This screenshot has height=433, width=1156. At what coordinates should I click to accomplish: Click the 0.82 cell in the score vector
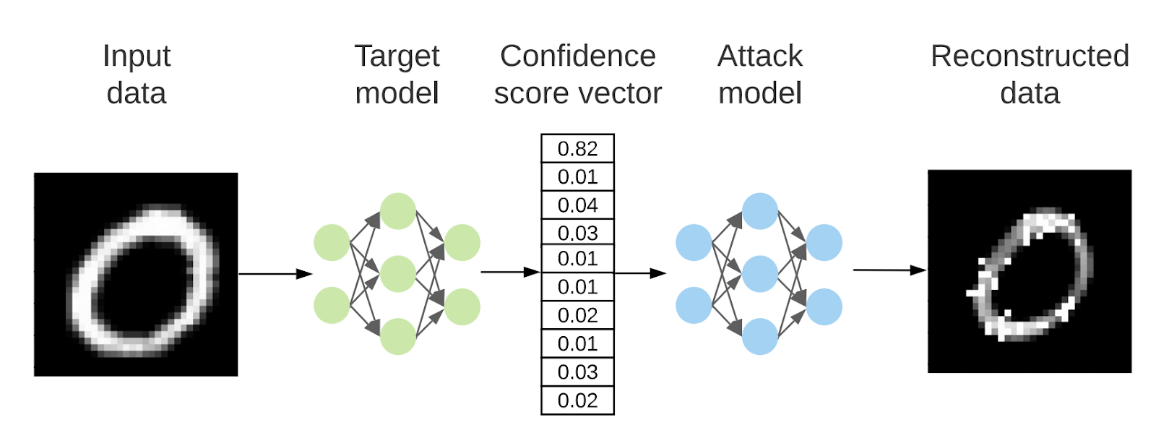(x=577, y=149)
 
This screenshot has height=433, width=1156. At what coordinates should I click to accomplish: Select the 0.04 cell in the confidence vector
(x=577, y=205)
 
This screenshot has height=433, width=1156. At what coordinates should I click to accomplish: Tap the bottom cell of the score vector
(x=577, y=400)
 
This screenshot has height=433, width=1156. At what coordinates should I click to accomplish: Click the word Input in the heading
(x=136, y=56)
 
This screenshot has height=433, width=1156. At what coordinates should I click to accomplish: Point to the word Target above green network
(x=397, y=56)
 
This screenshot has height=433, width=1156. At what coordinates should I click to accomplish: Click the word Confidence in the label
(x=577, y=56)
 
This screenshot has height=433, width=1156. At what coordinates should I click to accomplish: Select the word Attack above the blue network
(x=759, y=56)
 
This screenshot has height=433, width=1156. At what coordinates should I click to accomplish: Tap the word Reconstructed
(x=1029, y=56)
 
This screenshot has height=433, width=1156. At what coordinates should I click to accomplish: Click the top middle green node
(x=398, y=211)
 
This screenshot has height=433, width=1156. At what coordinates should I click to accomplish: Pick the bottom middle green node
(x=398, y=336)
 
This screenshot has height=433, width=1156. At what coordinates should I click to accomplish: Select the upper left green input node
(x=332, y=242)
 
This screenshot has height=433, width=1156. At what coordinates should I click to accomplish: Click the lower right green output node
(x=462, y=306)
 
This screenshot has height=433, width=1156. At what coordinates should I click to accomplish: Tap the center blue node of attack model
(x=759, y=274)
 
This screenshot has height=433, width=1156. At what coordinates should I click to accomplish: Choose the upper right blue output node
(x=824, y=242)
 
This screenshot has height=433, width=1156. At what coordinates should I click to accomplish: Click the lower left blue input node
(x=694, y=305)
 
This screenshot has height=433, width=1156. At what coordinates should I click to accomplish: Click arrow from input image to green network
(x=275, y=274)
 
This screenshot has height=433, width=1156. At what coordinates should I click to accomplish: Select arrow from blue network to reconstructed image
(x=889, y=270)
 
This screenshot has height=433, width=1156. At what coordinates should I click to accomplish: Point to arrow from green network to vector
(x=509, y=273)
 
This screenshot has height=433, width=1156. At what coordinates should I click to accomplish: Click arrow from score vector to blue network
(x=639, y=273)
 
